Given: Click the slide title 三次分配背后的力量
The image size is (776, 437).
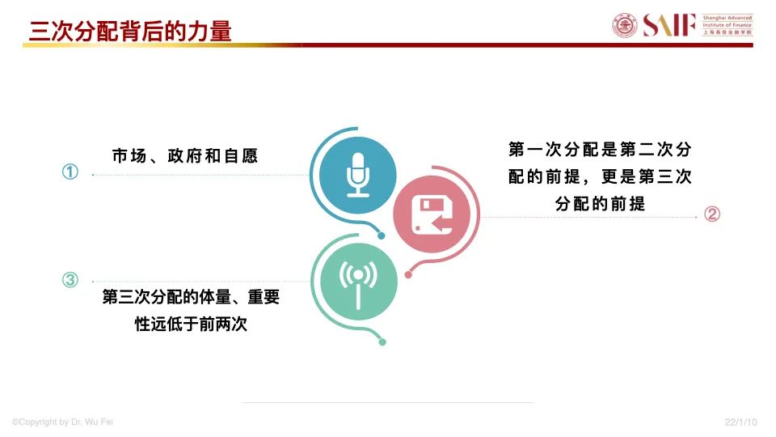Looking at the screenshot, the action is [130, 31].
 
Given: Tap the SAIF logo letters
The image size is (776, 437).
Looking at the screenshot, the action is [669, 25].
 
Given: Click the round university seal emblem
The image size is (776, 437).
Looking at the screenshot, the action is [625, 25].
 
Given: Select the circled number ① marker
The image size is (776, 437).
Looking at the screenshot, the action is [70, 172].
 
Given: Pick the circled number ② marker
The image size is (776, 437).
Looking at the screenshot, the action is [712, 214].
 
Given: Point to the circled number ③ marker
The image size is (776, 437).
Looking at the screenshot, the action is [70, 280].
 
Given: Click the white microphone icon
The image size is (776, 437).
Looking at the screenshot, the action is [358, 175].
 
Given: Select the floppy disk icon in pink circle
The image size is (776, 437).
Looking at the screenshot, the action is [432, 215].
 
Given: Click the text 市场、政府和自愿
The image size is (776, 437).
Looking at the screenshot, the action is [185, 156].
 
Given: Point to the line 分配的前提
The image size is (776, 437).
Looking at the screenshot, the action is [600, 204].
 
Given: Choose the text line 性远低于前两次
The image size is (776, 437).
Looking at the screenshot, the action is [191, 324].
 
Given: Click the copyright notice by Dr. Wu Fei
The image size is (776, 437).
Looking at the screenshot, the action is [62, 422].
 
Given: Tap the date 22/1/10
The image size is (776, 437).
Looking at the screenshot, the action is [741, 422].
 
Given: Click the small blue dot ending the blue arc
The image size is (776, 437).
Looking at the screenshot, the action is [381, 235].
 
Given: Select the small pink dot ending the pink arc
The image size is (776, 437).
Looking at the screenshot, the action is [408, 275].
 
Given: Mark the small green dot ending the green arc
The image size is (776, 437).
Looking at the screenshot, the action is [382, 342].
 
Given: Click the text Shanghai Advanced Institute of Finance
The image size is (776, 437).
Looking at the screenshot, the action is [727, 21].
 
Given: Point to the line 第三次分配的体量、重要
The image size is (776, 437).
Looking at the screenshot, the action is [191, 297].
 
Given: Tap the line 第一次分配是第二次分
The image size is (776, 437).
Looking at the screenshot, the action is [600, 149].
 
